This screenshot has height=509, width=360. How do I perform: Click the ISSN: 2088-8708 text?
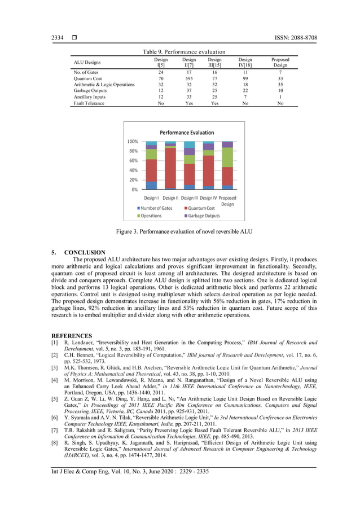[292, 38]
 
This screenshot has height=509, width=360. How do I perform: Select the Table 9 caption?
[184, 52]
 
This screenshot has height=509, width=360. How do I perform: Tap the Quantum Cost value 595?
[189, 78]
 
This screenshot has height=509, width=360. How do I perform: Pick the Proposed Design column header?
[280, 62]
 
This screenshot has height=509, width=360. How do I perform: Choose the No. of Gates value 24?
[161, 72]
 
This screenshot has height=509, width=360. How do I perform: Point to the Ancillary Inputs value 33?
[189, 97]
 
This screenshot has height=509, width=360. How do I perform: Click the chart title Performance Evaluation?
[187, 132]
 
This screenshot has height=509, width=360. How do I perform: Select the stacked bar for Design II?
[170, 165]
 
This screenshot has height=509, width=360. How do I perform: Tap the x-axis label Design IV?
[208, 198]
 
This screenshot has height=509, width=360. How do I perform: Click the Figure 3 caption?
[184, 231]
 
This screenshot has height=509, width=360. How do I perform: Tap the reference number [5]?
[54, 399]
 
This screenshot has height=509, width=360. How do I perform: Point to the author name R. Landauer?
[78, 343]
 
